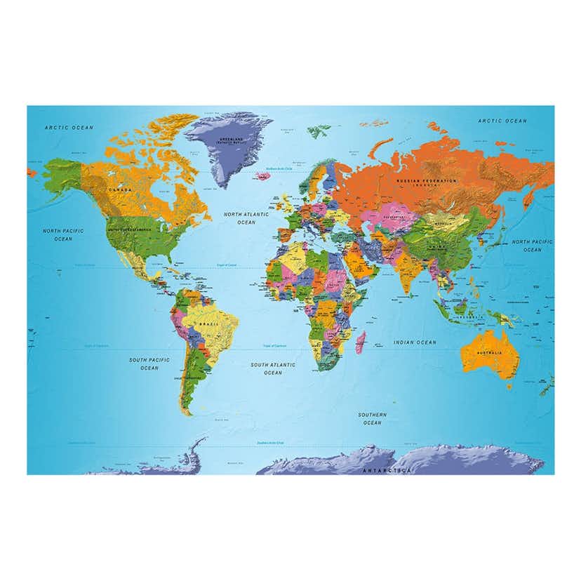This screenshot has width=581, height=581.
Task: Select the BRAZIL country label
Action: coord(208,323)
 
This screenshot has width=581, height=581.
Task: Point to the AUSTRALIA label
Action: coord(489,353)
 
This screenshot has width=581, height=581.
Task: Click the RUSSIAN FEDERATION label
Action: coord(426,181)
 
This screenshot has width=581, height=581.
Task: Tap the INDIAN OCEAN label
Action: coord(414,342)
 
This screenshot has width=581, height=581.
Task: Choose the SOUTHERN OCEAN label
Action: coord(372,419)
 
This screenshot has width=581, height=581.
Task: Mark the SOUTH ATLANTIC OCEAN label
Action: coord(273,368)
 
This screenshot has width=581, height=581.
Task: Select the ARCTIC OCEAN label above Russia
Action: coord(502,121)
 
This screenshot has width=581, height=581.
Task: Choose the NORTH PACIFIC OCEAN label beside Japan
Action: coord(532,246)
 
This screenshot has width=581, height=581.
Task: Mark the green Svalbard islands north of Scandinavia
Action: coord(320,130)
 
